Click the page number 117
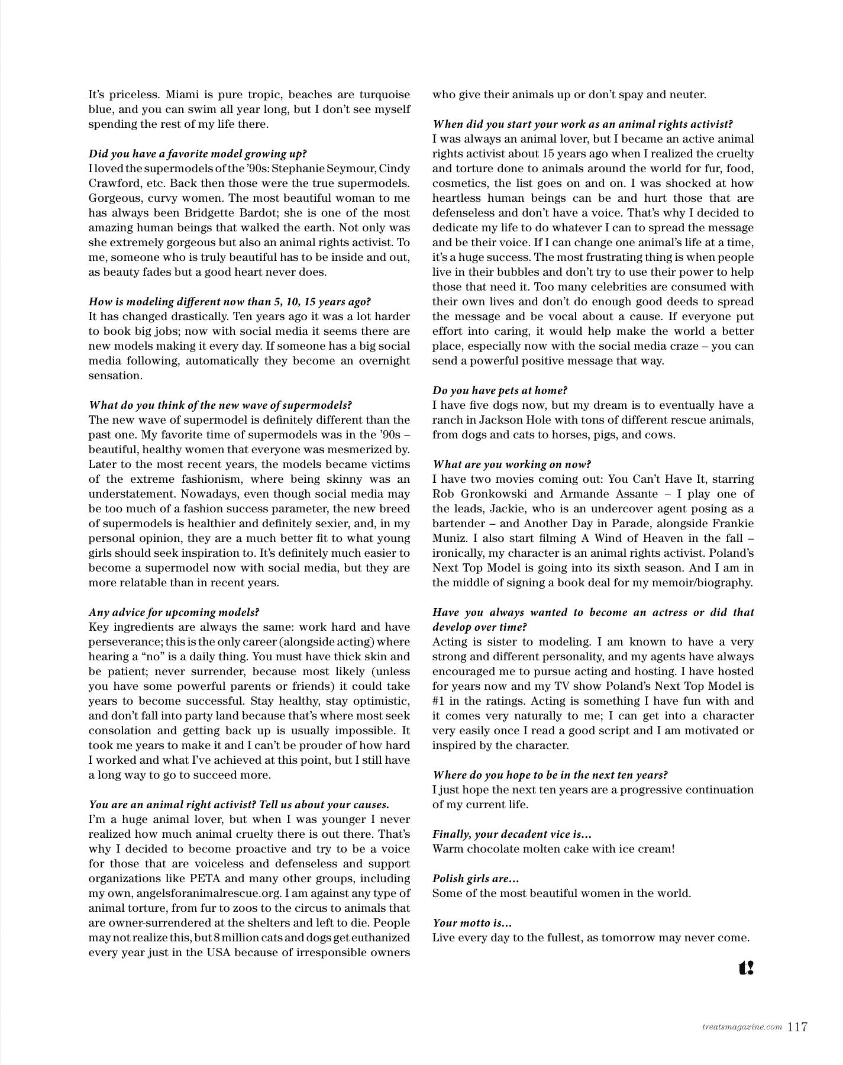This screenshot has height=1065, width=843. pos(797,1027)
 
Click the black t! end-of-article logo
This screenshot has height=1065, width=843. pos(746,968)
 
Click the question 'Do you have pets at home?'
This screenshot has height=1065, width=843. pos(500,390)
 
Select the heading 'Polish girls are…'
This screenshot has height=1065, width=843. pos(476,879)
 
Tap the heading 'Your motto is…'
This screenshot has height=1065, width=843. pos(472,923)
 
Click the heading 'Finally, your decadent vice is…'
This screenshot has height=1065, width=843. pos(512,834)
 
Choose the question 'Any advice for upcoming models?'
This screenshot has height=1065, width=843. pos(174,612)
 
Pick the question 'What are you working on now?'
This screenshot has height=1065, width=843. pos(512,464)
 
